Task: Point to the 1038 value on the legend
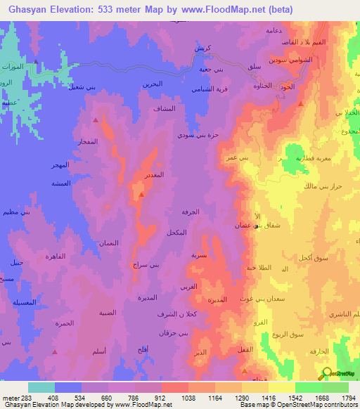[188, 398]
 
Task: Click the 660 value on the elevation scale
[107, 398]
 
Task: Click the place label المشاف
[164, 110]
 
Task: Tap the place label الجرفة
[200, 212]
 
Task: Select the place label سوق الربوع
[287, 335]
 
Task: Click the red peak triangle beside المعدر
[141, 194]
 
